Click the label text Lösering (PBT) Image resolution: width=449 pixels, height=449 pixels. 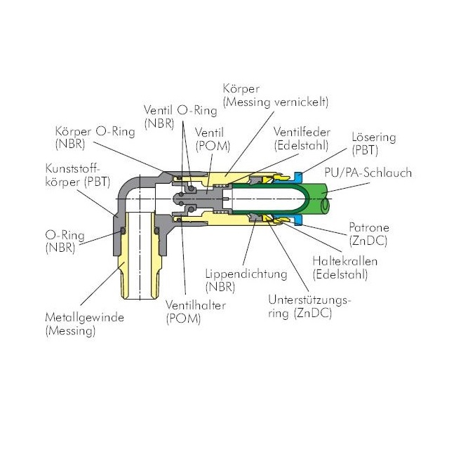click(374, 144)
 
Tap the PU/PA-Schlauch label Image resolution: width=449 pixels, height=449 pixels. click(368, 173)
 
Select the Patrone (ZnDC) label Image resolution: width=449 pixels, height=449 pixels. click(369, 234)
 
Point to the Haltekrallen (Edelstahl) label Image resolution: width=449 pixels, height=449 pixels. click(344, 268)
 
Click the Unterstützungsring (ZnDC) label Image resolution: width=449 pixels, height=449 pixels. click(309, 307)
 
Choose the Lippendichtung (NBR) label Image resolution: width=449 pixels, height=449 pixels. click(246, 281)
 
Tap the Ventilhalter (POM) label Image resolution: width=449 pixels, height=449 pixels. click(196, 312)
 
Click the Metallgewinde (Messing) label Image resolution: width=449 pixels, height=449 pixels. click(84, 324)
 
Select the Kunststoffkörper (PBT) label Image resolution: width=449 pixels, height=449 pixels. click(78, 175)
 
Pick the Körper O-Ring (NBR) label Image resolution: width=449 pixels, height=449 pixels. click(95, 138)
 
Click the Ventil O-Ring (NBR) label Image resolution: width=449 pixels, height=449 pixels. click(180, 117)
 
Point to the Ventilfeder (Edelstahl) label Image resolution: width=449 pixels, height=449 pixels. click(302, 139)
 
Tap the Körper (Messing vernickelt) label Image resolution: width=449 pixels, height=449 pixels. click(276, 95)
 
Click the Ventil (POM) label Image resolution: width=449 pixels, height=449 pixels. click(213, 140)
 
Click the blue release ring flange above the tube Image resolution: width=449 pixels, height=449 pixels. click(298, 177)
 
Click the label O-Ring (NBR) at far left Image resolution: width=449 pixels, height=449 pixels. click(65, 241)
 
